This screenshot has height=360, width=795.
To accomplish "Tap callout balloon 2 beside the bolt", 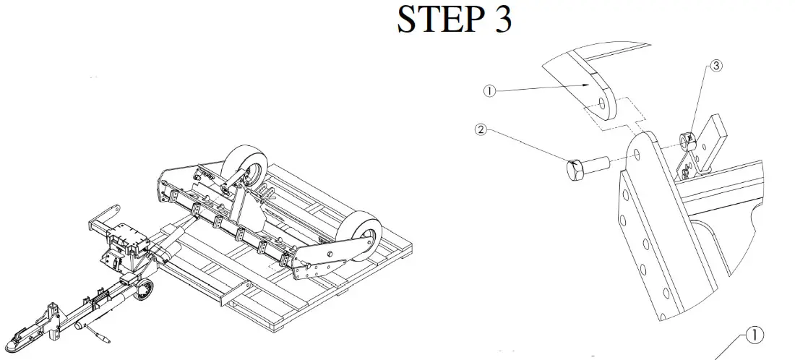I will (480, 131).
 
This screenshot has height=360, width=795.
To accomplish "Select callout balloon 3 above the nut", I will (715, 66).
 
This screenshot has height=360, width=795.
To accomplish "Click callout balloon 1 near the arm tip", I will (489, 91).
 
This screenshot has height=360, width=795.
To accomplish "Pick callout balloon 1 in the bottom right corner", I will (754, 335).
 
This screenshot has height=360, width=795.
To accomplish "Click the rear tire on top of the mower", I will (243, 168).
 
